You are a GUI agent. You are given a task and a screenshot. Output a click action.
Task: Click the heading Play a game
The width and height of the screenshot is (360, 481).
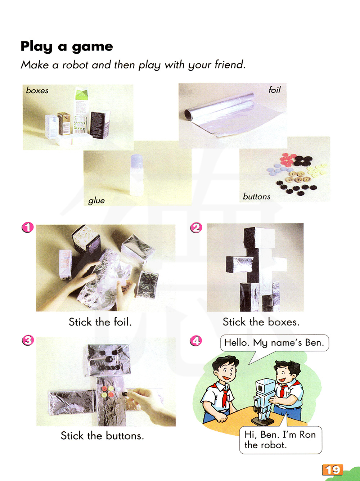pos(67,46)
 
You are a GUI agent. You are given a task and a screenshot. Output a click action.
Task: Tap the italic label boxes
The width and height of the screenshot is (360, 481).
pos(37,90)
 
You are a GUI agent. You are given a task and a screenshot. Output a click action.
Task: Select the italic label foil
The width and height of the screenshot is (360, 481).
pos(275,90)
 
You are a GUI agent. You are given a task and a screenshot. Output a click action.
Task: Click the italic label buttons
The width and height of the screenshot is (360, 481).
pos(257,197)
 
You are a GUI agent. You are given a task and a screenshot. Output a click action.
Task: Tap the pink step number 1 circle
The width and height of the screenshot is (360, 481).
pos(28,227)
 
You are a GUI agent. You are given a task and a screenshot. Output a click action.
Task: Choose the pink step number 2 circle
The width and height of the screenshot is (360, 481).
pos(196,228)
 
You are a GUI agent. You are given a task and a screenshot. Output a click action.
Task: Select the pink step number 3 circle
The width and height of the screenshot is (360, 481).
pos(28,340)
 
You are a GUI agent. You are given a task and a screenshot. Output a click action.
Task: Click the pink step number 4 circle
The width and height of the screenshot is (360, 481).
pos(196,341)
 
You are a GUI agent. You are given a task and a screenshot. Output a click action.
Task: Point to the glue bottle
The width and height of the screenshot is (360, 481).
pos(136,175)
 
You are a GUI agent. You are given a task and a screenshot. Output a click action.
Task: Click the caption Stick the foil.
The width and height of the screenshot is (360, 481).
pos(100,322)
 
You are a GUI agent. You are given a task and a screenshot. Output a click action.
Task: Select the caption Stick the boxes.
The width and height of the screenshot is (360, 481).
pos(261,322)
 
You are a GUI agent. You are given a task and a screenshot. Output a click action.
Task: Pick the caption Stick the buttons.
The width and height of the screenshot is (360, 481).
pos(102,436)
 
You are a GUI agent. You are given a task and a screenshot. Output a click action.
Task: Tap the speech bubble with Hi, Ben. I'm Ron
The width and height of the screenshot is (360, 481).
pos(281,440)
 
